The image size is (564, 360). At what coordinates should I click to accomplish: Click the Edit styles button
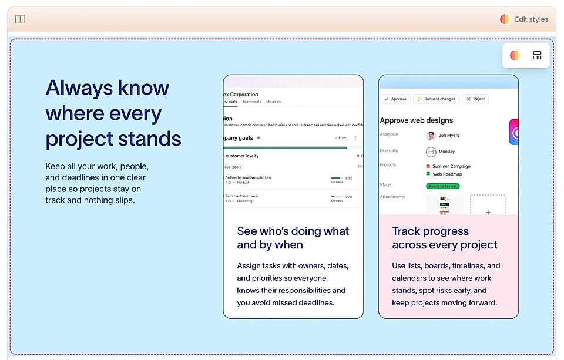524,19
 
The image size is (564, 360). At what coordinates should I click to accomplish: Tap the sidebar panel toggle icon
20,19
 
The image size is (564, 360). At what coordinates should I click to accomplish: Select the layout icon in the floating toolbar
537,56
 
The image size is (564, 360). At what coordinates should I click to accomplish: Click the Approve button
394,99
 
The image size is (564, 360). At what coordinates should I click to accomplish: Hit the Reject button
475,99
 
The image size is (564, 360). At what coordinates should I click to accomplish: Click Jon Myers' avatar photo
431,136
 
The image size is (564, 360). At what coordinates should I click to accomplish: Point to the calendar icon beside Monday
431,152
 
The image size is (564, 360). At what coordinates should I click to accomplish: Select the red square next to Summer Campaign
428,167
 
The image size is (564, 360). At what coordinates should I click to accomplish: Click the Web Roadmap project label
447,174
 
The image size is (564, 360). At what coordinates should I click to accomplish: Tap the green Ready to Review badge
443,186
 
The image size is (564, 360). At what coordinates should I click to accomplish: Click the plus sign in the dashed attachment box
488,212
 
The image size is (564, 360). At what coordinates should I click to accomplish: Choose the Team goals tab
252,102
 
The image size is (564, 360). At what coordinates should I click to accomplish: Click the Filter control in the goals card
341,138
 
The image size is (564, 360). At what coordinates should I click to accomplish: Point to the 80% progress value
348,178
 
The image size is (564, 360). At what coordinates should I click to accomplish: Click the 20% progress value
348,197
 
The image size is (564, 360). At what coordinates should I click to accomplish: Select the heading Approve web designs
416,120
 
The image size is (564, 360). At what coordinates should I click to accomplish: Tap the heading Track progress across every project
444,238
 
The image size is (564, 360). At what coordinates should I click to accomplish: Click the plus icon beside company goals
258,138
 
